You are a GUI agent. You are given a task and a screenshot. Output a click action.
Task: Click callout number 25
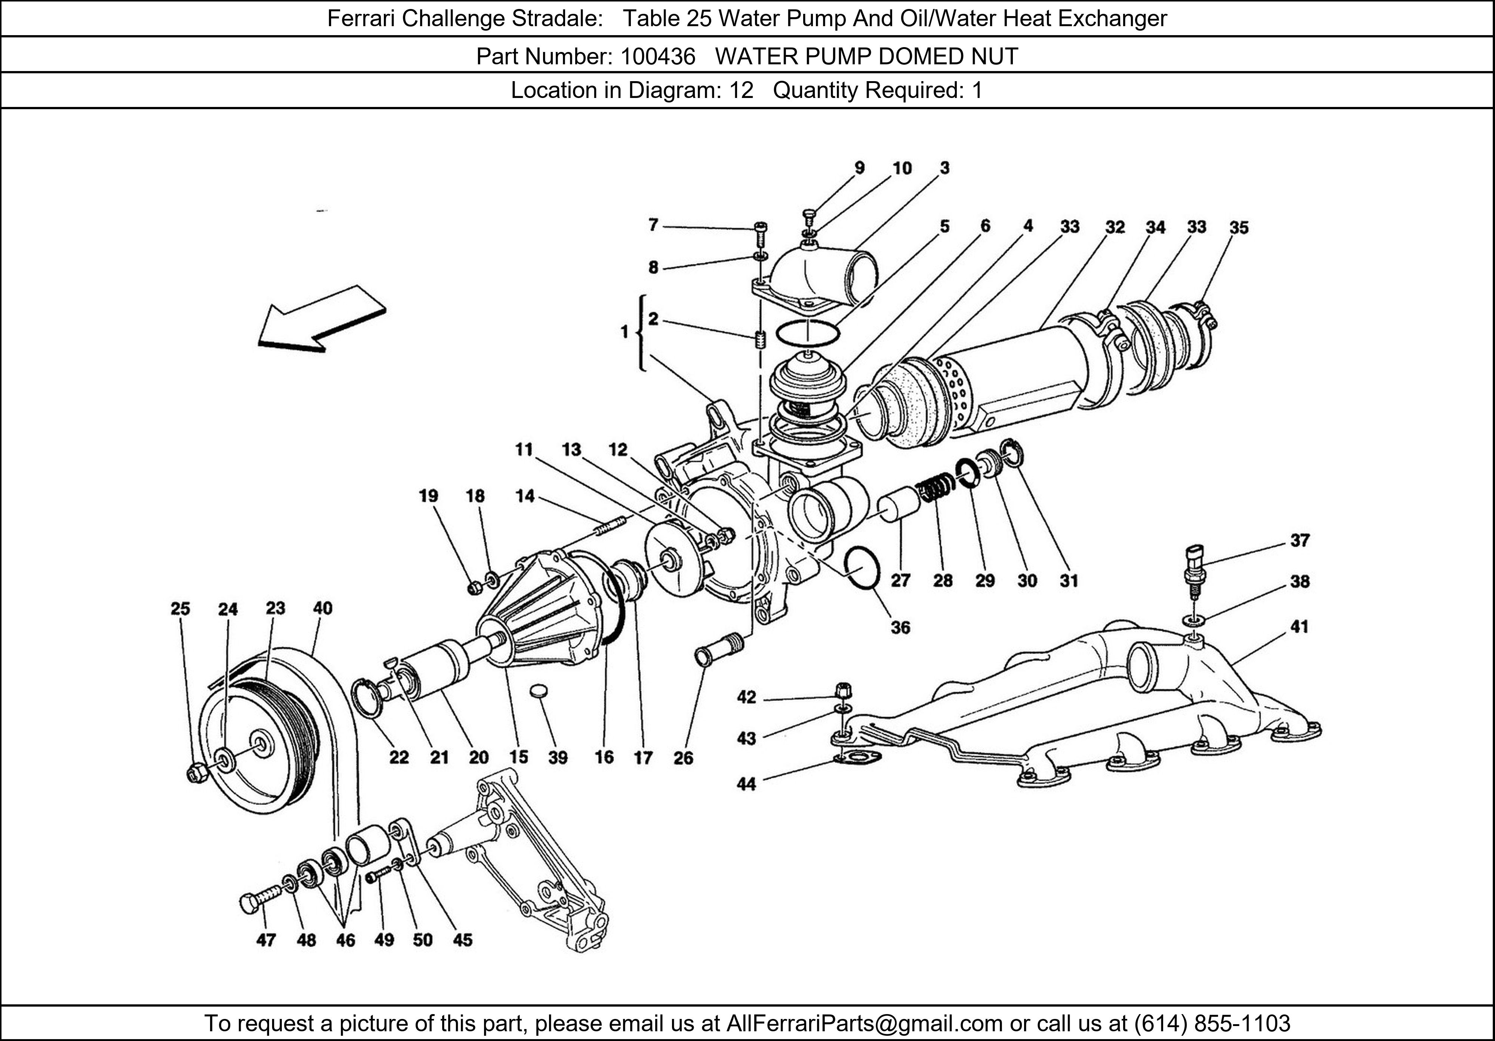pyautogui.click(x=181, y=608)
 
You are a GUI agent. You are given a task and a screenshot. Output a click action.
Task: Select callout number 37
pyautogui.click(x=1300, y=540)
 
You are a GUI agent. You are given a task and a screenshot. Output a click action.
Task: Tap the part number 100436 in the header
pyautogui.click(x=658, y=57)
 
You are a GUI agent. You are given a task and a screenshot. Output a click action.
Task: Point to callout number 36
pyautogui.click(x=900, y=627)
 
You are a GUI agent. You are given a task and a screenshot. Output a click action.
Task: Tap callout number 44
pyautogui.click(x=746, y=784)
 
